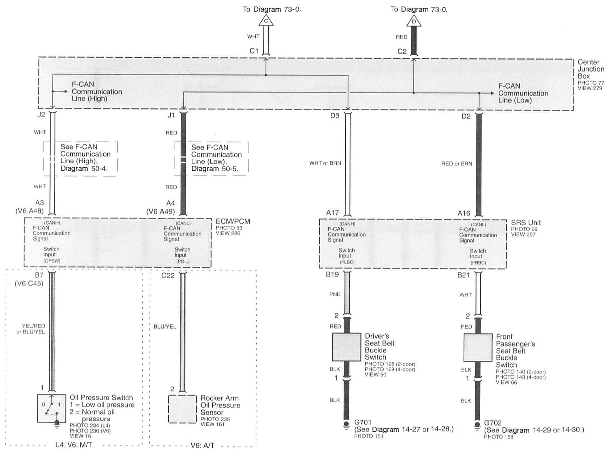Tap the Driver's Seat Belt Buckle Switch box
coord(347,347)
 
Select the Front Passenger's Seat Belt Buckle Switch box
coord(478,348)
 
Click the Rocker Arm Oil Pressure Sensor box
coord(182,409)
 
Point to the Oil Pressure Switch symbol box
coord(51,409)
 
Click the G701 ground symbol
coord(346,424)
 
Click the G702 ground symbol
coord(477,425)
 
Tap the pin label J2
coord(41,115)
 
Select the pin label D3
coord(335,116)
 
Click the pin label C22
coord(168,276)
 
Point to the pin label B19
coord(332,274)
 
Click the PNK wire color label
coord(335,294)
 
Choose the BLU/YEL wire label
coord(165,327)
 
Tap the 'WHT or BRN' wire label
coord(325,163)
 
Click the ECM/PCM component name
coord(233,221)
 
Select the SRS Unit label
coord(526,223)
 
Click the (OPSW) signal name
coord(52,261)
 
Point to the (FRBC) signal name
coord(478,263)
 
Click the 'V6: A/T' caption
coord(202,446)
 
